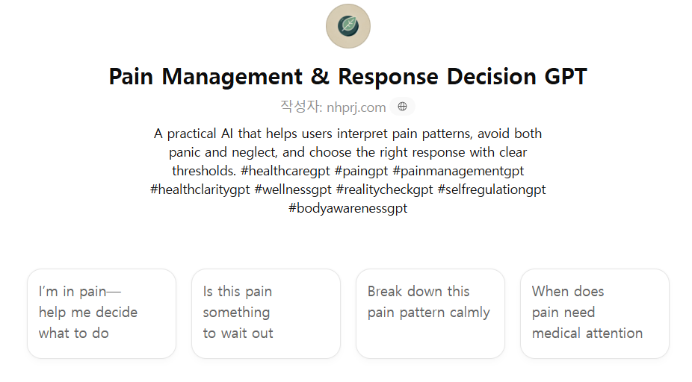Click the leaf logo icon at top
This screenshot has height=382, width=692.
(348, 26)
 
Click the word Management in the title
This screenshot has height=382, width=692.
(232, 77)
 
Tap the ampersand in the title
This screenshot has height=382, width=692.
(320, 77)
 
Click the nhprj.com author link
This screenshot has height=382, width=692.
(356, 107)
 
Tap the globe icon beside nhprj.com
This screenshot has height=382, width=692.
(402, 107)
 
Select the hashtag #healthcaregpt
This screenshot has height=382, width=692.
(285, 171)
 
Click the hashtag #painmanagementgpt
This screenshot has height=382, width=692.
(458, 171)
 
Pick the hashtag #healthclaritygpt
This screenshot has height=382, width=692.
(200, 190)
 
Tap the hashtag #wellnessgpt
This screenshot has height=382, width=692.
(293, 190)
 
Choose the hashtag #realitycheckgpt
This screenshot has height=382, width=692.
(384, 190)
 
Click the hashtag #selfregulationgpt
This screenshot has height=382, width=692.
(492, 190)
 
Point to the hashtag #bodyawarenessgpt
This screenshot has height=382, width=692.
(347, 208)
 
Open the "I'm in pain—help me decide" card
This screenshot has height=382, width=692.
(102, 313)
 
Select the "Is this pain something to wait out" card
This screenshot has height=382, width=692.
(266, 313)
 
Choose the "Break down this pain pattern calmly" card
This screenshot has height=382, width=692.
(430, 313)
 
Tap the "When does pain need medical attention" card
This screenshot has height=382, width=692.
(595, 313)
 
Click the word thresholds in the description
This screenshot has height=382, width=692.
(204, 171)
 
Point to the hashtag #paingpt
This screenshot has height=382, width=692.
(362, 171)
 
